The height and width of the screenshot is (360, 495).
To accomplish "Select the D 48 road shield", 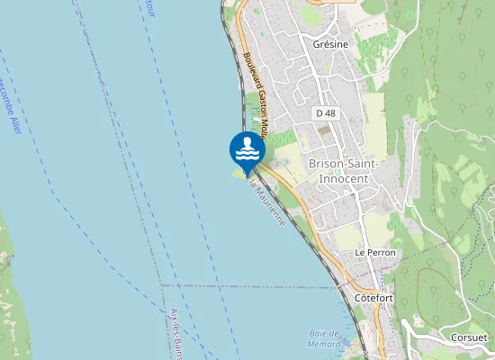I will click(325, 113).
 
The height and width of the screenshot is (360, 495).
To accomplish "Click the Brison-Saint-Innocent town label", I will click(343, 171).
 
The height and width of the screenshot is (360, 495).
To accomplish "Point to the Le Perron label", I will click(375, 254).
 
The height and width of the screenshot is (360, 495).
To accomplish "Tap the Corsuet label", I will click(470, 337).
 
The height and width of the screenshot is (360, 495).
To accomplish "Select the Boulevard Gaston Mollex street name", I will click(256, 90).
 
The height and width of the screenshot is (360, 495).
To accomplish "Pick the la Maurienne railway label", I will click(267, 202).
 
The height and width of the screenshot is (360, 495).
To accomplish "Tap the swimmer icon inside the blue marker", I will click(247, 147).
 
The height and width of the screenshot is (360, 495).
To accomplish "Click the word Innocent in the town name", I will click(343, 178).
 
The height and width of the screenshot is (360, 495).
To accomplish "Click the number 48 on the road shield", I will click(329, 113).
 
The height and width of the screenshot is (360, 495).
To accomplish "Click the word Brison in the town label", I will click(326, 164).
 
